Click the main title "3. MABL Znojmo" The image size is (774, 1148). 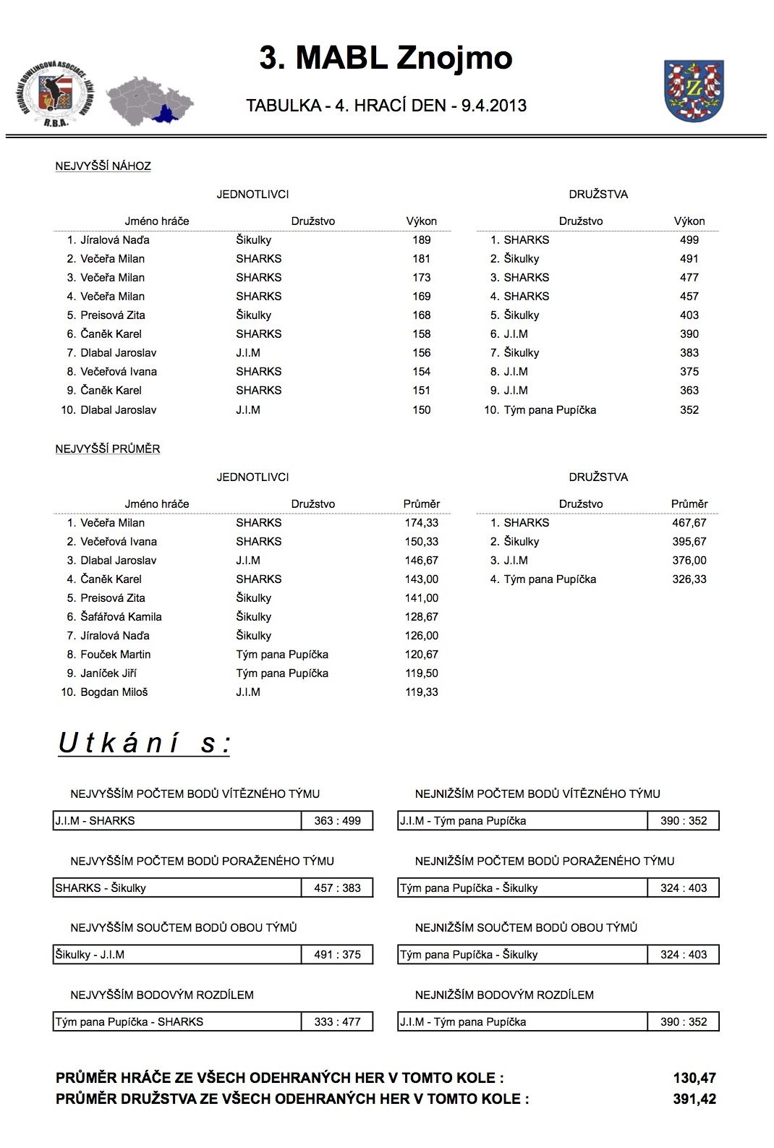coord(386,58)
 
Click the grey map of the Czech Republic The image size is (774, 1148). coord(149,100)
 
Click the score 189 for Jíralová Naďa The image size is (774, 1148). coord(421,240)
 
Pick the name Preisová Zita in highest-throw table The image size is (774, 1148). coord(112,315)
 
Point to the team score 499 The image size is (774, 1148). coord(689,240)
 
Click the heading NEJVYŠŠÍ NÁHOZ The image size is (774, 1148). coord(103,166)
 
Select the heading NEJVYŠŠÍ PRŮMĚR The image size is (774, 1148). coord(108,449)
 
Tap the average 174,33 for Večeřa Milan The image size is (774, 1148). coord(421,523)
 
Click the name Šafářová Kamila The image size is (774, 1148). coord(121,617)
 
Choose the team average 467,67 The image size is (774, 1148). coord(689,523)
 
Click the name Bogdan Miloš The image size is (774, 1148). coord(114,692)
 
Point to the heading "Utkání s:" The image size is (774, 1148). coord(144,744)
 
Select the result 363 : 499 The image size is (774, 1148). coord(337,821)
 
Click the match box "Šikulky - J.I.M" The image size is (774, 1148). coord(177,955)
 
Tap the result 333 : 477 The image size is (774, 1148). coord(337,1022)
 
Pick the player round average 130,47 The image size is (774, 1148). coord(694,1079)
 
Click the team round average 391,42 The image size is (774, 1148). coord(694,1100)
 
